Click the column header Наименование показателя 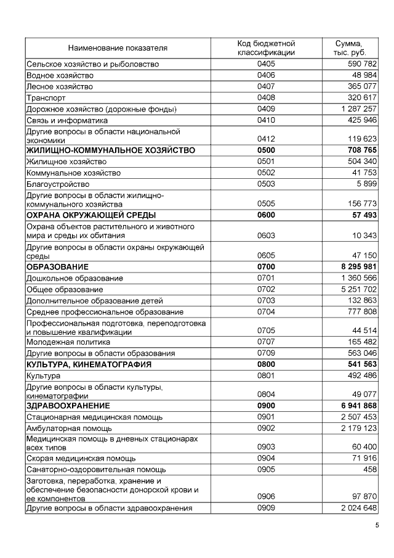[x=118, y=47]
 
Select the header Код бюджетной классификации [x=266, y=47]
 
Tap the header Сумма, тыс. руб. [x=349, y=47]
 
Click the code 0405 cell [x=266, y=64]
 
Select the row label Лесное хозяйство [x=60, y=86]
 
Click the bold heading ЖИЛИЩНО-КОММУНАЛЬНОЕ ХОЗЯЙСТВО [x=110, y=150]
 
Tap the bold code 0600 [x=266, y=215]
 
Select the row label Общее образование [x=65, y=289]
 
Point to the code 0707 [x=266, y=342]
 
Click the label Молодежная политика [x=68, y=342]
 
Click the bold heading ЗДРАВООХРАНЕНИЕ [x=68, y=406]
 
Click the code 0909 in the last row [x=266, y=508]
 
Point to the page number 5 [x=377, y=525]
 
